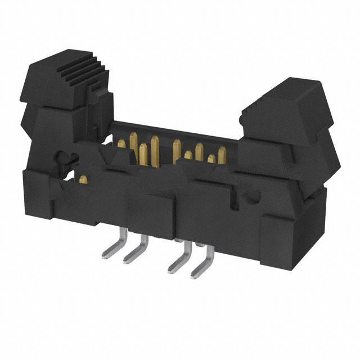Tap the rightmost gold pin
pos(222,153)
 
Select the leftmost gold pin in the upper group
pos(121,144)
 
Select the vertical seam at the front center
pos(174,219)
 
